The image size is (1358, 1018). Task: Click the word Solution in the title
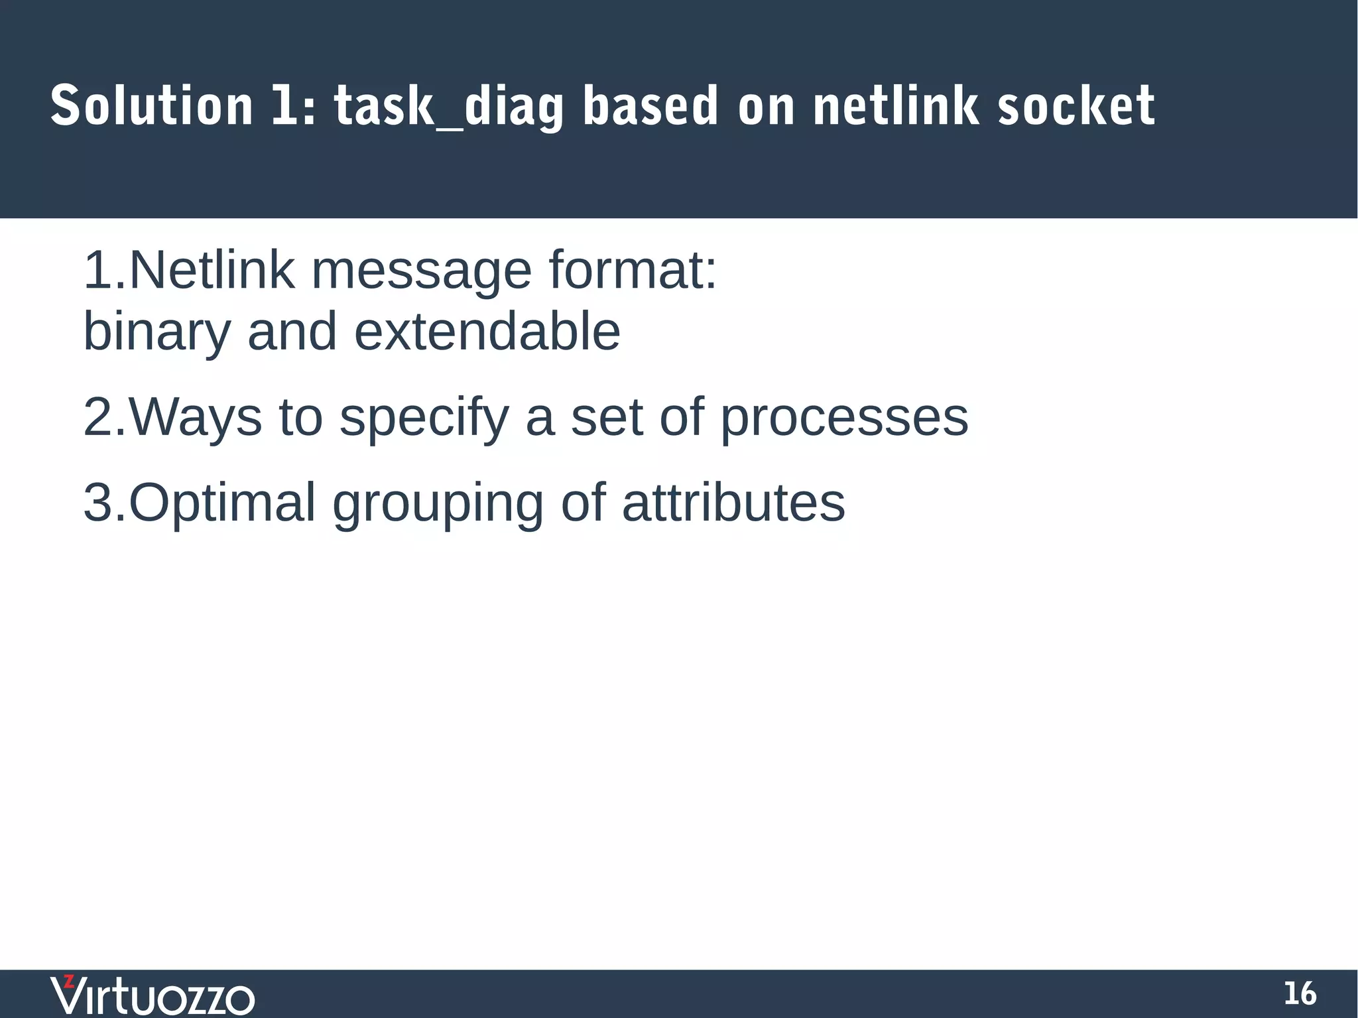pyautogui.click(x=151, y=106)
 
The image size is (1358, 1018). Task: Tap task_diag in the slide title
pyautogui.click(x=448, y=106)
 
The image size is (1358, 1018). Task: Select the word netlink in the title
pyautogui.click(x=896, y=106)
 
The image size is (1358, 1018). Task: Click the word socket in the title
pyautogui.click(x=1076, y=106)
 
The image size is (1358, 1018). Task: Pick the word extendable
pyautogui.click(x=487, y=332)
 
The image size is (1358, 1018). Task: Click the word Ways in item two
pyautogui.click(x=196, y=417)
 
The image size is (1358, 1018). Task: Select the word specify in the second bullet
pyautogui.click(x=424, y=417)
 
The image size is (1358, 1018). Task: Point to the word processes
pyautogui.click(x=844, y=417)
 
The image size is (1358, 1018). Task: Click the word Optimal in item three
pyautogui.click(x=222, y=503)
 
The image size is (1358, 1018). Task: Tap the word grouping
pyautogui.click(x=438, y=503)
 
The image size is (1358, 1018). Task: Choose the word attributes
pyautogui.click(x=733, y=503)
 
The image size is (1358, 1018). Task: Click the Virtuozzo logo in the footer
pyautogui.click(x=153, y=995)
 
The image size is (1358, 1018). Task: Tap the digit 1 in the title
pyautogui.click(x=283, y=106)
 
